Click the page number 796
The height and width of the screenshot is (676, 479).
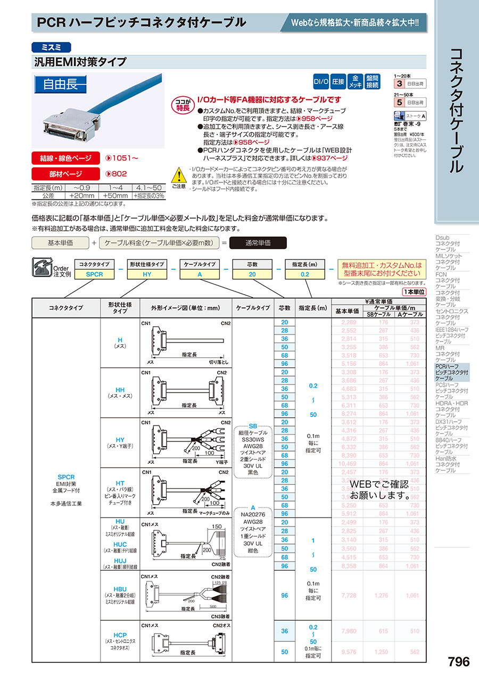pos(458,662)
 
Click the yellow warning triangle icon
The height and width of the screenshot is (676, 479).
pos(178,175)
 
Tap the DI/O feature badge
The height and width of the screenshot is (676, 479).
pos(320,82)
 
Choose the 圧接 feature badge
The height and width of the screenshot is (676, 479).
pos(338,82)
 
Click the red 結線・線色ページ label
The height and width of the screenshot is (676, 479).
pos(66,158)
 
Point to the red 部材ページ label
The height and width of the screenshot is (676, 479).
pos(66,173)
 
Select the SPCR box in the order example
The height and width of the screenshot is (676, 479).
pos(94,274)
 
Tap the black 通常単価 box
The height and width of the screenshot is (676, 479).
pos(258,243)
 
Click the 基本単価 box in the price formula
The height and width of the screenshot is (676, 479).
pos(60,243)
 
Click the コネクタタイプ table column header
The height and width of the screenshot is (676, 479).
pos(66,307)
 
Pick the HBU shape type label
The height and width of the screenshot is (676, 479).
pos(120,589)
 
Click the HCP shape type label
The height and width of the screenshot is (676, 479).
pos(120,635)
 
